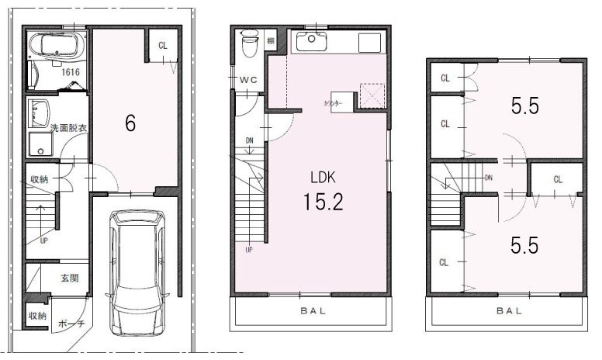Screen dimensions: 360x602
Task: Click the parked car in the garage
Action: tap(138, 273)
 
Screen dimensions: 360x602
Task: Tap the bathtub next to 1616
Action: tap(57, 47)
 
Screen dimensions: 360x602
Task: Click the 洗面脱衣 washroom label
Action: tap(68, 127)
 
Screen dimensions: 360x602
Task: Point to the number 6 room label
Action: tap(130, 123)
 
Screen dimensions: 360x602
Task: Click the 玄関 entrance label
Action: tap(68, 277)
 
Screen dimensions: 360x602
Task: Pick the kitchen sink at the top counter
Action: tap(312, 42)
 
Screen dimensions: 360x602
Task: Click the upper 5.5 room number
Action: tap(524, 106)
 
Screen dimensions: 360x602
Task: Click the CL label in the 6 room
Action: tap(163, 45)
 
